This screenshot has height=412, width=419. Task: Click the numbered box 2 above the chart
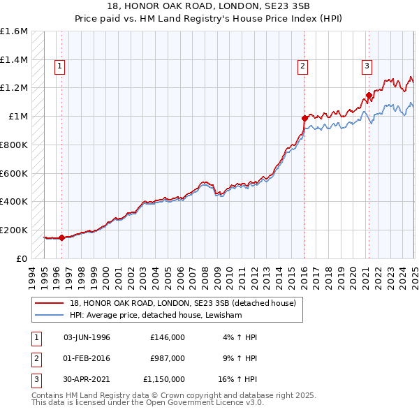[x=303, y=66]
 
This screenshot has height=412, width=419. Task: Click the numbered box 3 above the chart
[x=367, y=66]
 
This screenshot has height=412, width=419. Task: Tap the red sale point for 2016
[x=304, y=118]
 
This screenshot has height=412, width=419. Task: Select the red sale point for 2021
[x=369, y=95]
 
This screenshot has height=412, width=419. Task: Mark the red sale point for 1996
[x=62, y=237]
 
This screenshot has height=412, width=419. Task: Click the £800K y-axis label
[x=14, y=145]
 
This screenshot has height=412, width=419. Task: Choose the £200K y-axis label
[x=14, y=230]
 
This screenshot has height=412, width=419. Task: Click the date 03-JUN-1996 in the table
[x=87, y=337]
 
